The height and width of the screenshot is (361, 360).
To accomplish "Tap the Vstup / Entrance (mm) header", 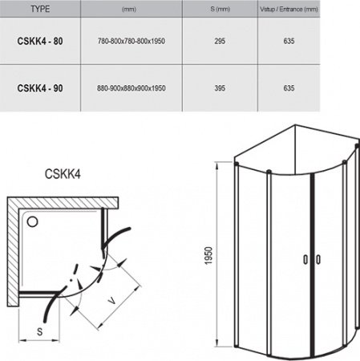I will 313,10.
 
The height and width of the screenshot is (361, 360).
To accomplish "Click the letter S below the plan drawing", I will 38,331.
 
